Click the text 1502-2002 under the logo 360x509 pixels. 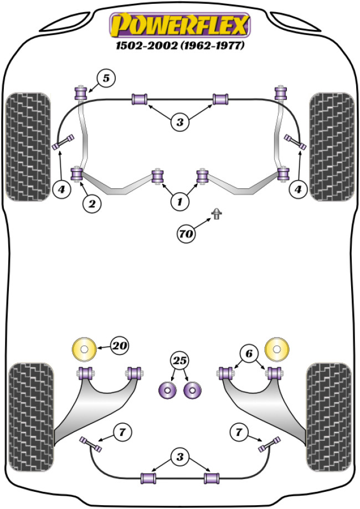pyautogui.click(x=143, y=47)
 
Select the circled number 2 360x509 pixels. pyautogui.click(x=91, y=204)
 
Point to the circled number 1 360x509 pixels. pyautogui.click(x=179, y=203)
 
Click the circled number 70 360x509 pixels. pyautogui.click(x=187, y=234)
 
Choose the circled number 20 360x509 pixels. pyautogui.click(x=119, y=346)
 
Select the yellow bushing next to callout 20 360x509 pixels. pyautogui.click(x=84, y=348)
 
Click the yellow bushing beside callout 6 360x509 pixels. pyautogui.click(x=276, y=348)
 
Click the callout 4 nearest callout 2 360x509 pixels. pyautogui.click(x=61, y=190)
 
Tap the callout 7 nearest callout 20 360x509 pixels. pyautogui.click(x=122, y=431)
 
